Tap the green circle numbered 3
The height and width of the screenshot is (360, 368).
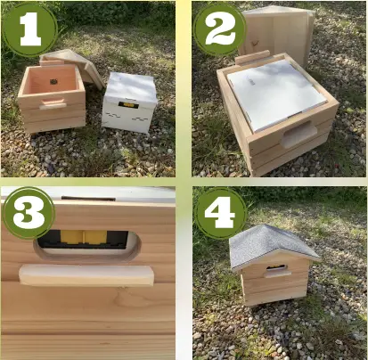point(29,213)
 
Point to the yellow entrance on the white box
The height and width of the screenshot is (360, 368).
point(128,104)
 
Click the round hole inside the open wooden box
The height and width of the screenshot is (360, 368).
point(54,78)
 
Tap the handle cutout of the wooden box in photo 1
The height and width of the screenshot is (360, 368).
point(53,104)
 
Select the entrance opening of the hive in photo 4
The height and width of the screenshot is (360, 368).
point(277,266)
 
